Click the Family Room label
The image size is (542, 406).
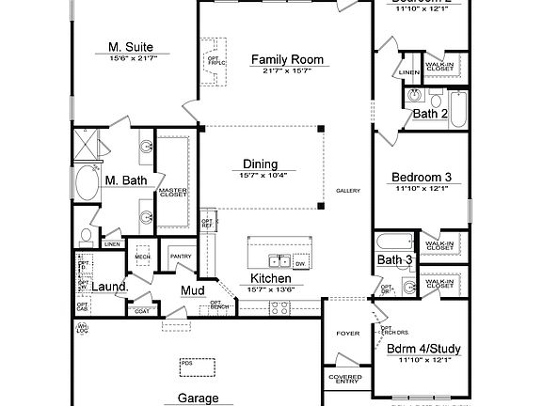pos(287,60)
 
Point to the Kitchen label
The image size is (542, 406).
pos(270,279)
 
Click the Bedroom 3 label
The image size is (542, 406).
pos(422,177)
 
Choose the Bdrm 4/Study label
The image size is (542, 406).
pos(423,349)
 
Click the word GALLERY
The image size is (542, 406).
pos(348,191)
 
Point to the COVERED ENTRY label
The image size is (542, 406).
pos(345,379)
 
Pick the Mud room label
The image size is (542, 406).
pos(193,290)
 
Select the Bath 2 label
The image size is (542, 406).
pos(429,114)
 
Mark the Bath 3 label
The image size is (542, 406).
pos(394,259)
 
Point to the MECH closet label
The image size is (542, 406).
pos(142,256)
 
